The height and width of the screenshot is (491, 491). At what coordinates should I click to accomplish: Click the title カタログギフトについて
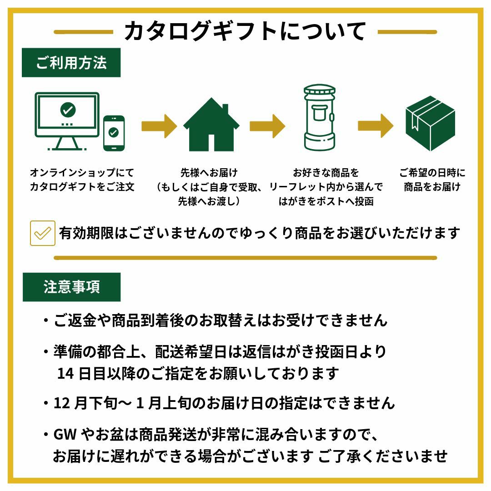coord(245,31)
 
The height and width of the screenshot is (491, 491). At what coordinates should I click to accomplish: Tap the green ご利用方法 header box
coord(71,63)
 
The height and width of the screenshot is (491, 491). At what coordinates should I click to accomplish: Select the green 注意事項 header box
coord(71,287)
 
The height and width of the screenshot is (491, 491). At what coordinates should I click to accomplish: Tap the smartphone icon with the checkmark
coord(114,133)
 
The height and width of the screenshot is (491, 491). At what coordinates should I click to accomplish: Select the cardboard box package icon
coord(430,123)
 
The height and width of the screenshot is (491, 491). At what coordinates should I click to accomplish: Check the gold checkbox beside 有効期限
coord(43,233)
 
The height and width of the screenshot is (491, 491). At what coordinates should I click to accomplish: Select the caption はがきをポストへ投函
coord(326,201)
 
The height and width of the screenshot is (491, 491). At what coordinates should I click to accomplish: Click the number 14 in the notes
coord(65,374)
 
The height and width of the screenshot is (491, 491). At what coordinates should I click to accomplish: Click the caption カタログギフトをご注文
coord(82,187)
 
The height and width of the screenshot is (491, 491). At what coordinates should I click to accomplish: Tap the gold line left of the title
coord(84,32)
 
